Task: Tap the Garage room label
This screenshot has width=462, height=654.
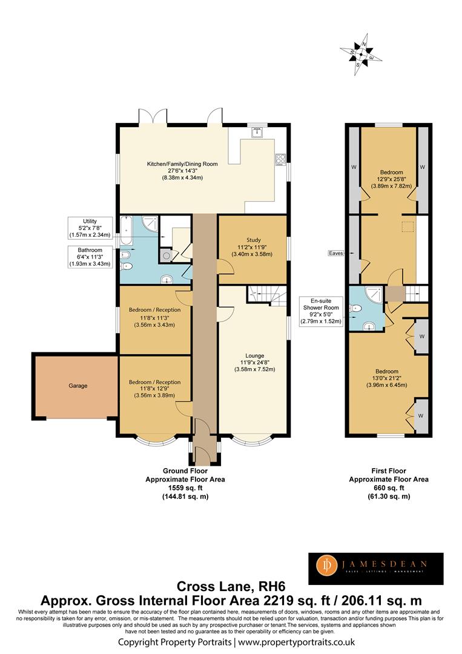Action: pos(78,386)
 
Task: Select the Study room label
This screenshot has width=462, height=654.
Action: pos(254,240)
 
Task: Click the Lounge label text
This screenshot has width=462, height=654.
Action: pos(255,356)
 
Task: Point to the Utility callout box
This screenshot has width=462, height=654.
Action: pos(90,228)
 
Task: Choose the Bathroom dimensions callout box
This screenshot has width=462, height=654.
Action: pos(90,257)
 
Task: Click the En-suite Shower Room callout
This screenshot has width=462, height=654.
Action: pos(321,311)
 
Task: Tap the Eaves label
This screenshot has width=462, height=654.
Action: pos(335,253)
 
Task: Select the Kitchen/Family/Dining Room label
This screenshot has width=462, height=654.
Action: pos(182,164)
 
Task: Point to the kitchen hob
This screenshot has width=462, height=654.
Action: pos(280,159)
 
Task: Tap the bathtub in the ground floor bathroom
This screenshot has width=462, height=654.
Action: pos(126,231)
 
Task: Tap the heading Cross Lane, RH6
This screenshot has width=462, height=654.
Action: pos(231,586)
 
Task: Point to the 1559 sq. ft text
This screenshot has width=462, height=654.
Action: pos(185,487)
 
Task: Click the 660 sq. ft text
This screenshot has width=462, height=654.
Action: pos(389,487)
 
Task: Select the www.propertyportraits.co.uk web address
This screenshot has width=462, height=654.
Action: pos(297,642)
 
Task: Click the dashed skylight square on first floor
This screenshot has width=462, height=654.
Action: pos(408,227)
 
